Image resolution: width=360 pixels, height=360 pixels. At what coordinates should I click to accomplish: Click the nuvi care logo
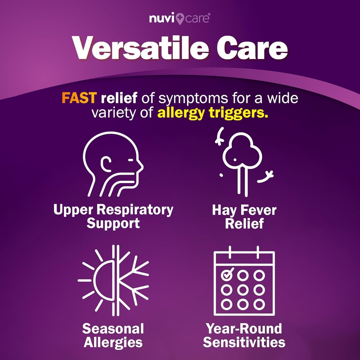click(x=180, y=19)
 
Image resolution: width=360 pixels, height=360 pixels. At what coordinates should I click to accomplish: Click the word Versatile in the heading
click(x=140, y=48)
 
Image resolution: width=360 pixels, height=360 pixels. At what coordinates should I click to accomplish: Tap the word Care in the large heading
click(x=252, y=48)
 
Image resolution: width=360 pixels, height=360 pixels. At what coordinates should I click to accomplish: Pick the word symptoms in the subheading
click(x=193, y=98)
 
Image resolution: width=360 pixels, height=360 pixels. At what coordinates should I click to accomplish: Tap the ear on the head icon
click(x=106, y=164)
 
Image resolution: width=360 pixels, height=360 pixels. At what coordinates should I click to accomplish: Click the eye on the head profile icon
click(x=130, y=160)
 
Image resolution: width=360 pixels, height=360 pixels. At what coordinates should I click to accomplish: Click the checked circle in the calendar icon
click(x=227, y=274)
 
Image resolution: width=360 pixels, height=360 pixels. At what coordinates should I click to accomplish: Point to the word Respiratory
click(x=135, y=210)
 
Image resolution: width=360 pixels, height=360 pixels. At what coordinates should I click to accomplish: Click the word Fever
click(x=258, y=210)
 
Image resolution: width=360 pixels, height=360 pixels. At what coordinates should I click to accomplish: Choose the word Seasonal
click(x=113, y=329)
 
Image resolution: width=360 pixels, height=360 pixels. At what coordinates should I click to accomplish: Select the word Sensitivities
click(x=244, y=342)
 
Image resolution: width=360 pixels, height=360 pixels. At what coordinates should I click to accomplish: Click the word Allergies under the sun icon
click(x=113, y=343)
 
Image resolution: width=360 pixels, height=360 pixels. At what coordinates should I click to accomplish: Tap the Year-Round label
click(x=244, y=329)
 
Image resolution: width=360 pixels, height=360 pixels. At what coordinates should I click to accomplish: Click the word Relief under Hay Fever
click(x=244, y=223)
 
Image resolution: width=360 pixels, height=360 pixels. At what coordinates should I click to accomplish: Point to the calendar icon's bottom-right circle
click(x=259, y=305)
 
